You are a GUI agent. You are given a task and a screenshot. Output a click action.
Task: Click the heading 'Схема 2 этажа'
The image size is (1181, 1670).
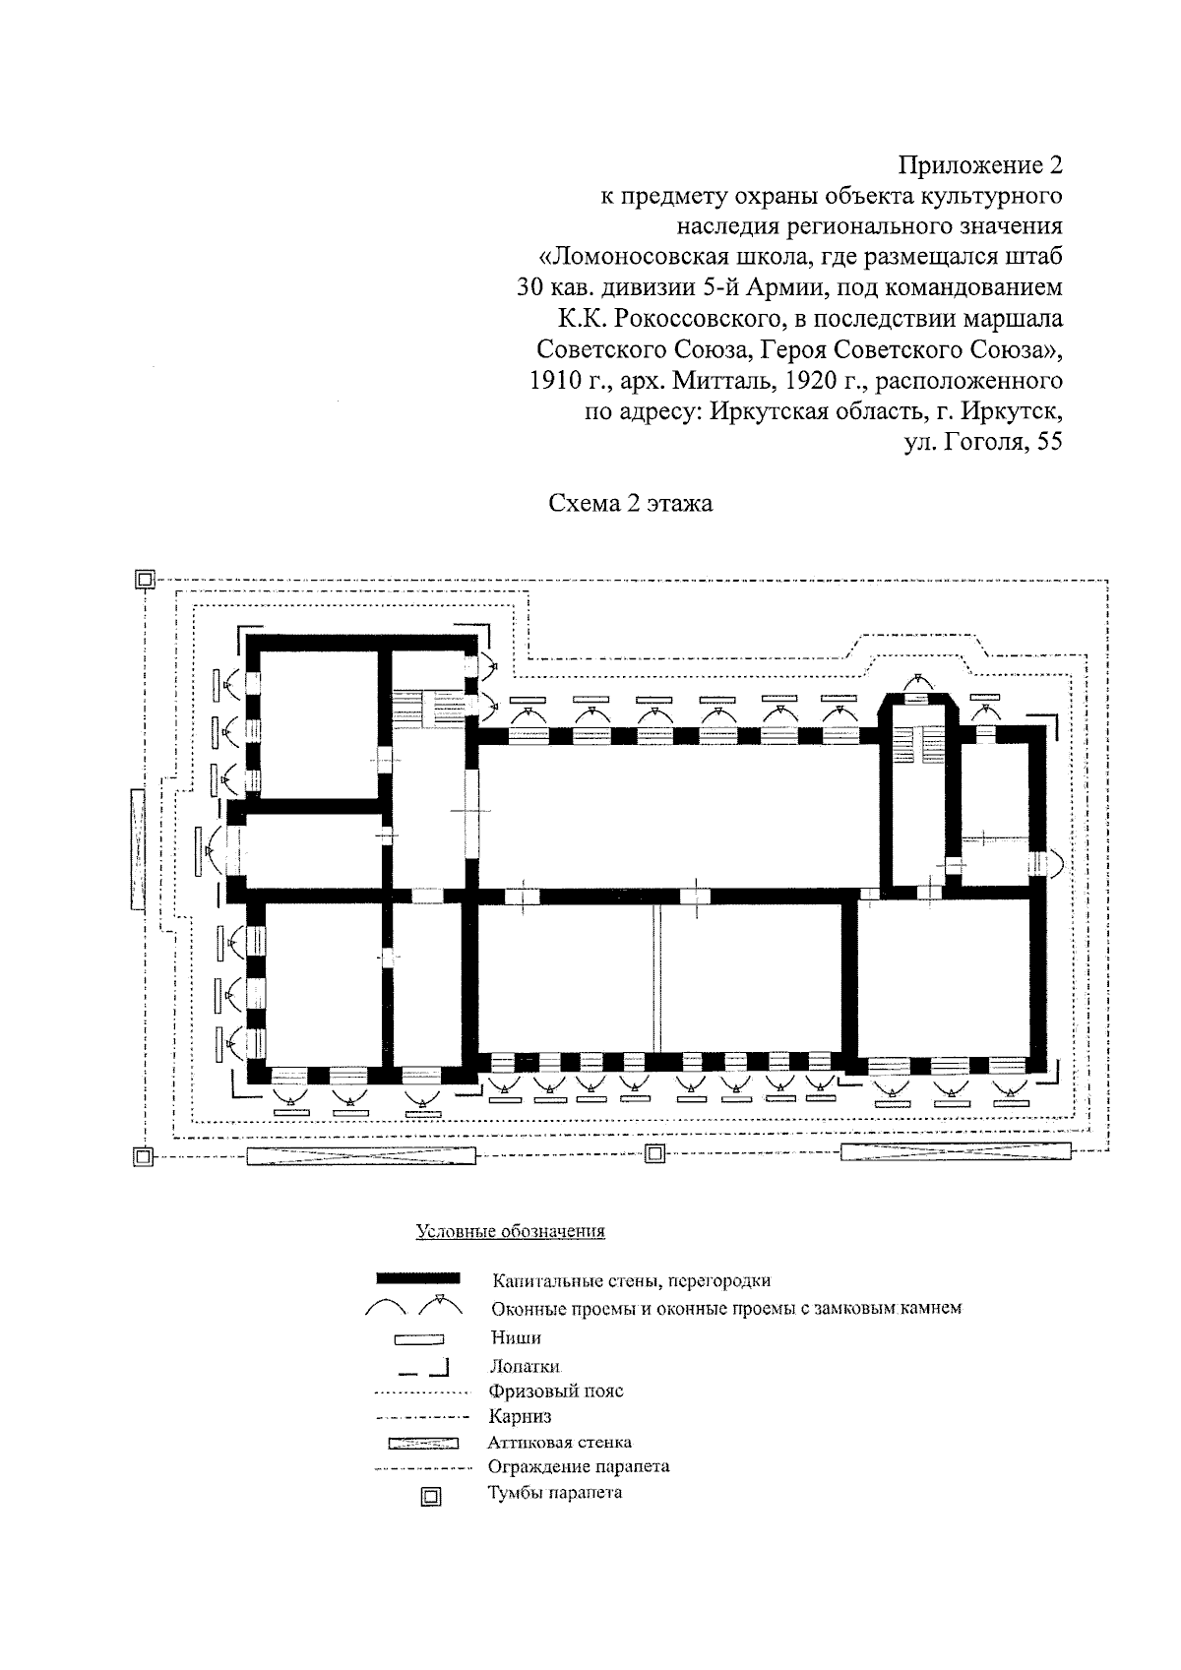[x=630, y=504]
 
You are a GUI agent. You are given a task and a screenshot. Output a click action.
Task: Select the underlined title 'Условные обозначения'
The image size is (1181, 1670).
[x=510, y=1231]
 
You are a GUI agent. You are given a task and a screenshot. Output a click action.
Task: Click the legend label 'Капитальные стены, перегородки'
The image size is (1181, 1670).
[x=631, y=1280]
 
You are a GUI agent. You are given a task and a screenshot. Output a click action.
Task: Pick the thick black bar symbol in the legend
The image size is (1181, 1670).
[x=418, y=1278]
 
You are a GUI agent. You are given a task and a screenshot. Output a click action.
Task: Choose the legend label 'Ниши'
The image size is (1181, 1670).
[x=515, y=1337]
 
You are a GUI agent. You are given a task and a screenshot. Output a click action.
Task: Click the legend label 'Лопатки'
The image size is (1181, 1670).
[x=526, y=1366]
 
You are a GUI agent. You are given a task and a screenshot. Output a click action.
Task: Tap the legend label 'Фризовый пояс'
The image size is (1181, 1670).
[x=556, y=1391]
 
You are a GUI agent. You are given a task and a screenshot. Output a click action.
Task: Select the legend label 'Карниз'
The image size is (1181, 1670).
[x=520, y=1417]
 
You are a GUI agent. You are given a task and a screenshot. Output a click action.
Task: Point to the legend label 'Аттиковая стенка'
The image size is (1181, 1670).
[x=559, y=1443]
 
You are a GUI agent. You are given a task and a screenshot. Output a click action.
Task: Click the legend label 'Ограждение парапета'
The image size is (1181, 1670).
[x=579, y=1466]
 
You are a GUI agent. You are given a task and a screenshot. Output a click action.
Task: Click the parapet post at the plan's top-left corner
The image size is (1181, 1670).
[x=144, y=580]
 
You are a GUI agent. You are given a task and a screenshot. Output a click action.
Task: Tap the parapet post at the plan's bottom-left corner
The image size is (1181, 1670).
[x=143, y=1156]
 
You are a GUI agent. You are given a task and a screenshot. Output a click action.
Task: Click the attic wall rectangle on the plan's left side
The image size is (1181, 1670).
[x=137, y=848]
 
